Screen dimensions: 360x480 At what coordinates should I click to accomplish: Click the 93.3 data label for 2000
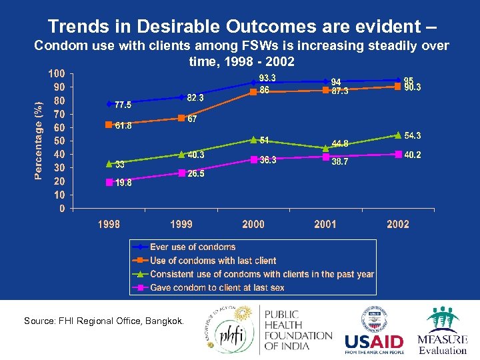[267, 78]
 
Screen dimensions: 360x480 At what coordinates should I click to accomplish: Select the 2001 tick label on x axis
[325, 225]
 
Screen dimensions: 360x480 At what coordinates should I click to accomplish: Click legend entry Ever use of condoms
[193, 247]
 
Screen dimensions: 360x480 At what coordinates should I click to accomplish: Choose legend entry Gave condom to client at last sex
[217, 287]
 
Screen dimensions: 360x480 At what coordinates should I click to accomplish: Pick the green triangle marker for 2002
[398, 135]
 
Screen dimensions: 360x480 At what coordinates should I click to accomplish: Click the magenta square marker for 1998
[109, 182]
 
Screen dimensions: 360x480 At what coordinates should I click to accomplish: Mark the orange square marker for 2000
[253, 92]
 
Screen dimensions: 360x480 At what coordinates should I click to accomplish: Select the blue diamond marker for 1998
[109, 104]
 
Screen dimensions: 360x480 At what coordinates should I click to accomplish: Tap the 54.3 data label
[413, 136]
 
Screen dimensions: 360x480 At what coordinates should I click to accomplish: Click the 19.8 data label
[123, 183]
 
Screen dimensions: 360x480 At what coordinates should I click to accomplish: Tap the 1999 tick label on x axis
[181, 225]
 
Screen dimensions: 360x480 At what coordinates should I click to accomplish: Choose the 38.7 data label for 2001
[340, 162]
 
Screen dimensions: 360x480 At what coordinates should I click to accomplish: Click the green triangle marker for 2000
[253, 139]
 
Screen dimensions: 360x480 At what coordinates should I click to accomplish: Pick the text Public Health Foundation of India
[298, 331]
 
